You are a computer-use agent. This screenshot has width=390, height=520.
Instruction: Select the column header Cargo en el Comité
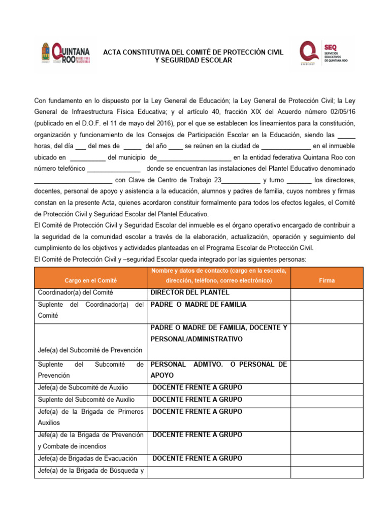(90, 280)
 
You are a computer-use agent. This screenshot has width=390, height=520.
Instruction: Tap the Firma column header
(327, 280)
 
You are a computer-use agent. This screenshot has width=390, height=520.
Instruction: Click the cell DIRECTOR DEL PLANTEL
(190, 292)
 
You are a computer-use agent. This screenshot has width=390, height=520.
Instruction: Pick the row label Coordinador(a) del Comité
(75, 292)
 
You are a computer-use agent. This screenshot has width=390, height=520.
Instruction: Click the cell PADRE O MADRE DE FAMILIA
(198, 305)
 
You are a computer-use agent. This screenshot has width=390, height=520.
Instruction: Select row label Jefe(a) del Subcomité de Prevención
(90, 350)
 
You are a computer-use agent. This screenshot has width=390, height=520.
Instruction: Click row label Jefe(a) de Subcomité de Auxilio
(83, 387)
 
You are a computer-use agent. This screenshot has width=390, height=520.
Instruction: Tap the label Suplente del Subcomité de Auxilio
(86, 400)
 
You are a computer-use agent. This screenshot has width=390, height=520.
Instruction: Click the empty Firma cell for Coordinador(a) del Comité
(327, 293)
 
